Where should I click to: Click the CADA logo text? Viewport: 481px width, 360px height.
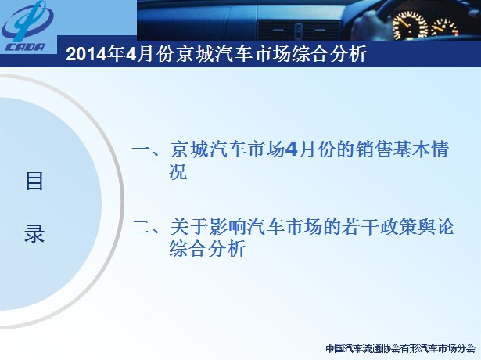(x=25, y=47)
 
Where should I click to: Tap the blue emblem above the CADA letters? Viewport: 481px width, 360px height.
(x=27, y=20)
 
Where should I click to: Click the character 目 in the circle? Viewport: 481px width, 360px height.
(x=34, y=182)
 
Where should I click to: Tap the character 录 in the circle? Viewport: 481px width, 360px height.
(x=34, y=233)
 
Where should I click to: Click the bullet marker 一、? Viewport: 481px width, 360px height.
(x=145, y=150)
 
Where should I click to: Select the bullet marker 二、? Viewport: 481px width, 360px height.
(x=145, y=228)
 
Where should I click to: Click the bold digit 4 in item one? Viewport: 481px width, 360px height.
(x=290, y=149)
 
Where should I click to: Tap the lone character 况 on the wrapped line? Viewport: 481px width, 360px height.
(x=178, y=171)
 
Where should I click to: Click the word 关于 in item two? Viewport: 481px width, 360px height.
(x=188, y=227)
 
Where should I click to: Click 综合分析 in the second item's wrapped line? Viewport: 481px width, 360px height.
(x=207, y=249)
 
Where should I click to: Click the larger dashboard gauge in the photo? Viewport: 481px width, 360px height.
(x=410, y=25)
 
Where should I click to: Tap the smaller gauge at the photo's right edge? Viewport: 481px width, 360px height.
(x=444, y=28)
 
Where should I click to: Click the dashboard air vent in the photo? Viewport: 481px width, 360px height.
(x=298, y=30)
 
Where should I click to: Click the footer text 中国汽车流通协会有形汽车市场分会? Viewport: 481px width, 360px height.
(x=400, y=348)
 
